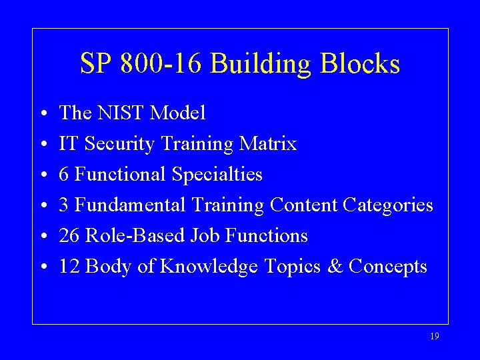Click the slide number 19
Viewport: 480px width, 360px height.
point(435,337)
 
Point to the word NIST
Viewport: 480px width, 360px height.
point(121,113)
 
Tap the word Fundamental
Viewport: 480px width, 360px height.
point(129,205)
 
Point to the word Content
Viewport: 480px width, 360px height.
point(303,205)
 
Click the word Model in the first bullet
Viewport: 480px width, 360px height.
point(178,113)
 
